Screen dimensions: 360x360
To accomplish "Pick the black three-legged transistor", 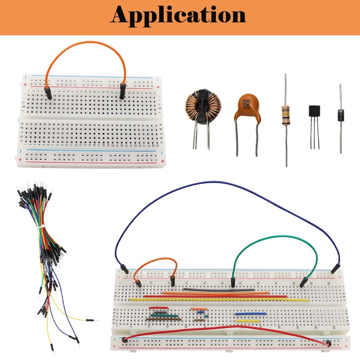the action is coord(314,112).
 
